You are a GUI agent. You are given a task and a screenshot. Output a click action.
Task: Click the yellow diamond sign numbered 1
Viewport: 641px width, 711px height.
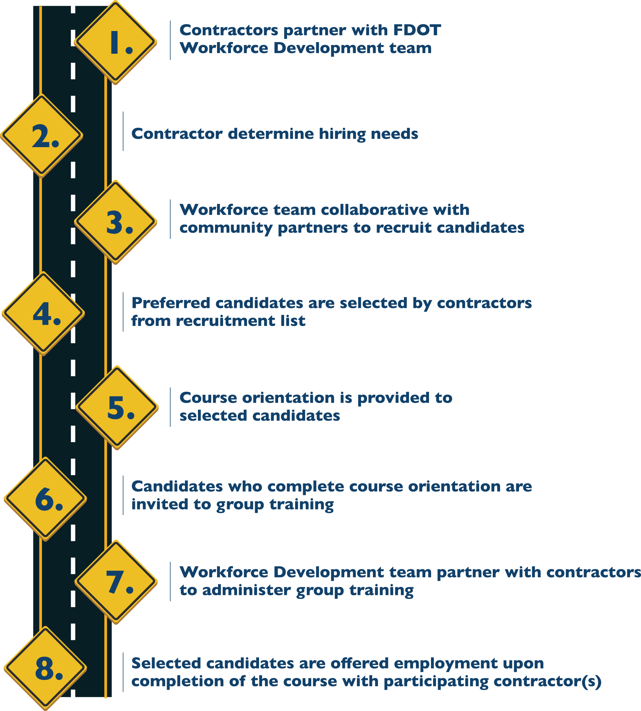(116, 42)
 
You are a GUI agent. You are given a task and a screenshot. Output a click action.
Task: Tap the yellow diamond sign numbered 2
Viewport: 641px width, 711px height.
(41, 135)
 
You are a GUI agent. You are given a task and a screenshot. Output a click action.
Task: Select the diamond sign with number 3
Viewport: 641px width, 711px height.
(116, 222)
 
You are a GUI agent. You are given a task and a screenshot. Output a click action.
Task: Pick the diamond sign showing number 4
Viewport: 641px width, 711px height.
(43, 314)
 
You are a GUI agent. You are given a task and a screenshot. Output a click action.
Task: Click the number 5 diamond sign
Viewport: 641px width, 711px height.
(117, 408)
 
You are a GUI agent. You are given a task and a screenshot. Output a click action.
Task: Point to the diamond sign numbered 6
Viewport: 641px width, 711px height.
(45, 499)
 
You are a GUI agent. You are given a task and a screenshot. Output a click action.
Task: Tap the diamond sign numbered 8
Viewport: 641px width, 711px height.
(45, 668)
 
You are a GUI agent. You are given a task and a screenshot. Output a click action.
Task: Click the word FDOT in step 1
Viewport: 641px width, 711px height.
(417, 30)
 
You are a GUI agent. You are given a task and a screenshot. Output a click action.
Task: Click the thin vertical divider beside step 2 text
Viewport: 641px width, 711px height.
(123, 131)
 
